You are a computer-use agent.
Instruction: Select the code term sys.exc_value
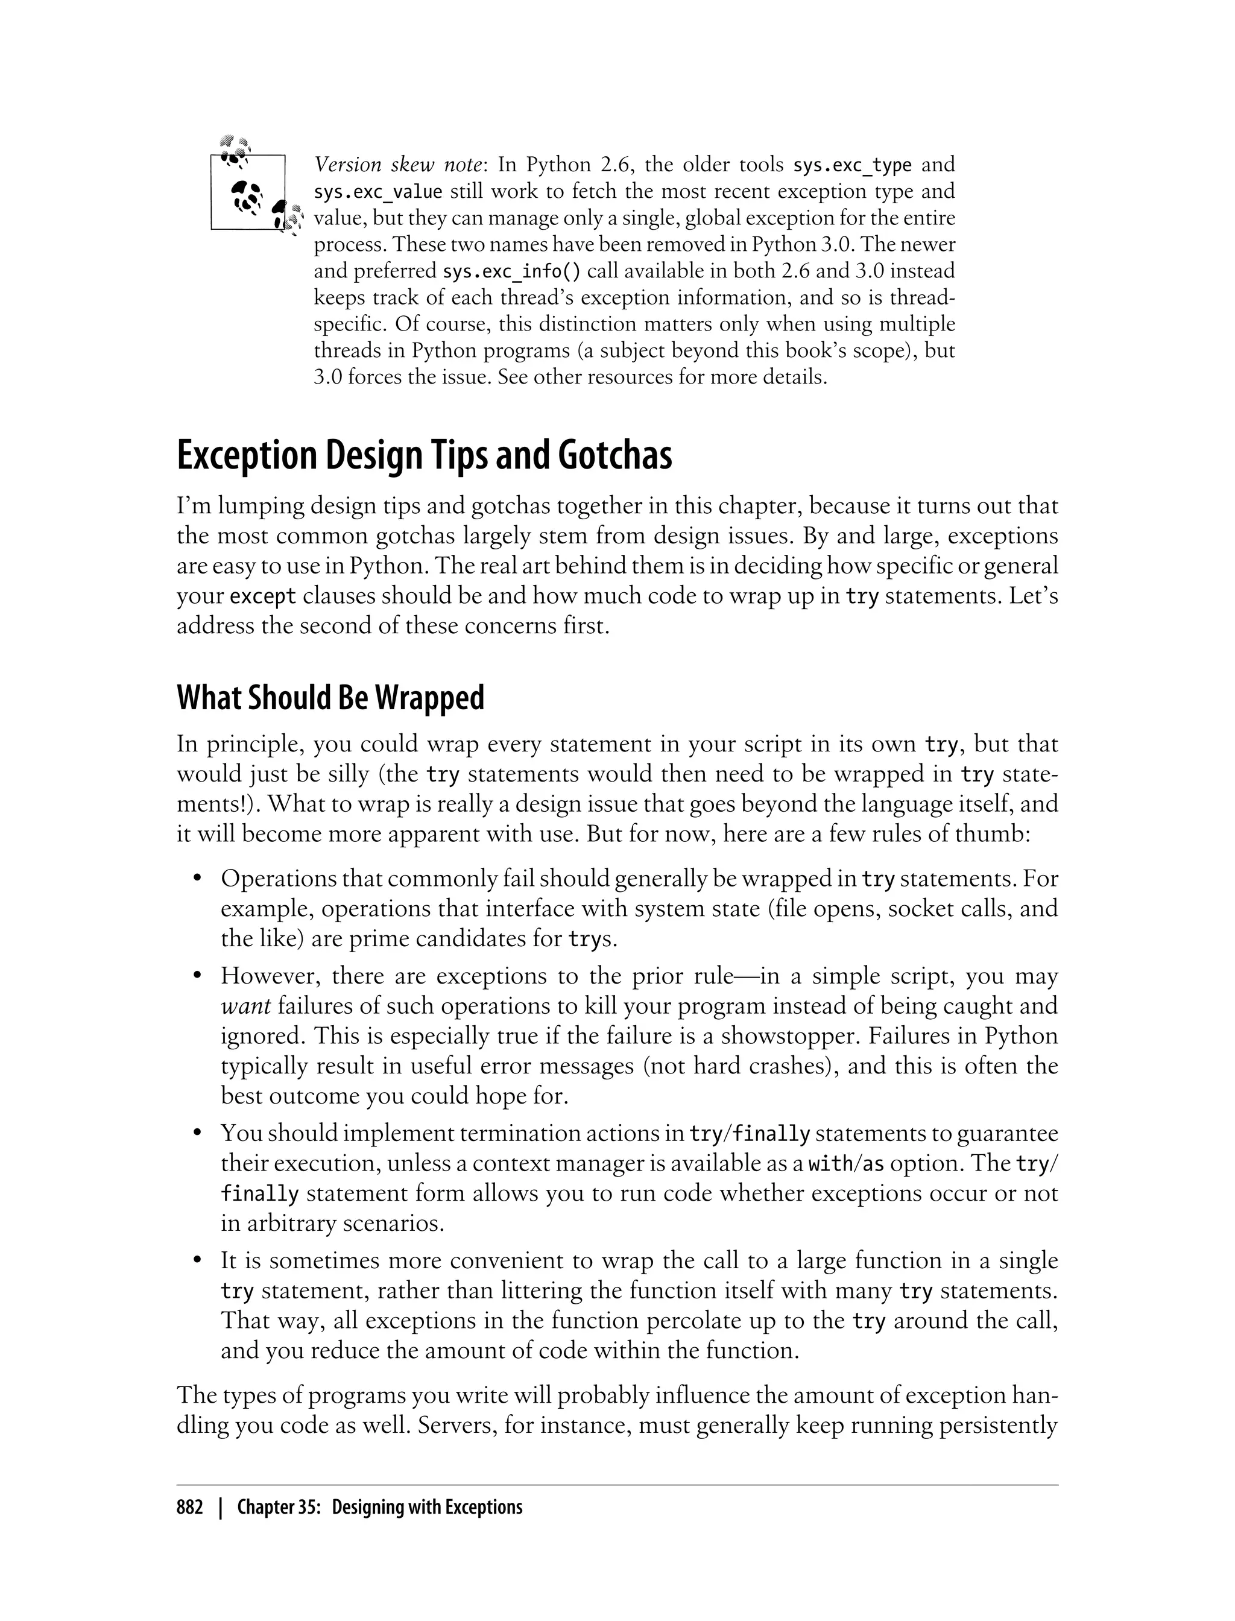coord(378,192)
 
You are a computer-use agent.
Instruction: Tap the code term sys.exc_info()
coord(511,271)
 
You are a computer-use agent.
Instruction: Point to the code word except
coord(263,596)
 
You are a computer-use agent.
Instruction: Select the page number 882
coord(190,1508)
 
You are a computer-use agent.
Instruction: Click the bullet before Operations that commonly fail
coord(197,879)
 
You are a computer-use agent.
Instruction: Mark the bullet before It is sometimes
coord(197,1262)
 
